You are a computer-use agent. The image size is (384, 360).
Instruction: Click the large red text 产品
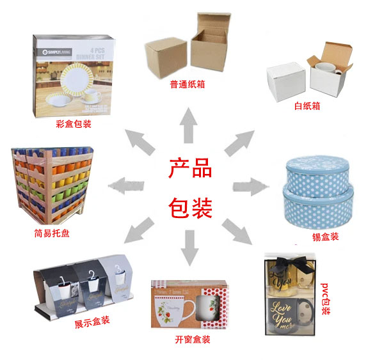190,170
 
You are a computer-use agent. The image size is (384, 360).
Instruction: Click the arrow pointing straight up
189,124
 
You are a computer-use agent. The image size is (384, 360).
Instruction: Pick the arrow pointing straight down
190,246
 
